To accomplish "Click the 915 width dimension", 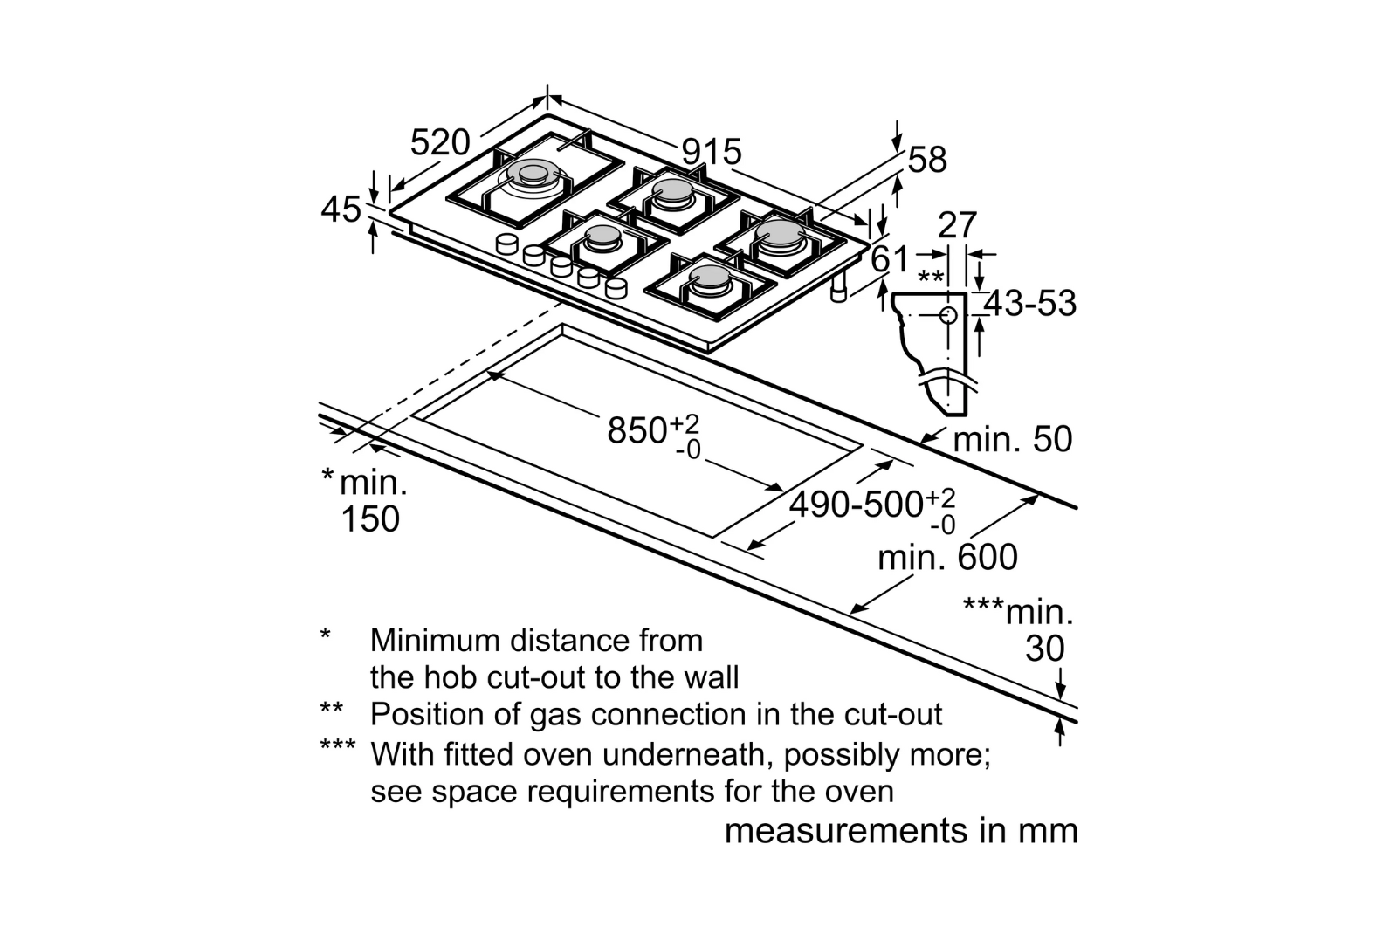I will [x=712, y=153].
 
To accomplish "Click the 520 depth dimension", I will [x=440, y=142].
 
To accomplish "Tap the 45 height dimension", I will [x=341, y=210].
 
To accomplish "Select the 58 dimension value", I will [x=927, y=161].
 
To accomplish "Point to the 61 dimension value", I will [x=891, y=259].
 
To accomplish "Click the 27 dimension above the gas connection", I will [x=957, y=226].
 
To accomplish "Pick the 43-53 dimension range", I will [x=1031, y=304].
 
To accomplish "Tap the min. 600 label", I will [x=947, y=558].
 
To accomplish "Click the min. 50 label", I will [x=1012, y=439].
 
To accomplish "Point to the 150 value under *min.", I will [x=370, y=519].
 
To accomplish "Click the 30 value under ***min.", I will [x=1044, y=649].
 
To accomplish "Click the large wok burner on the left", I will [x=529, y=176].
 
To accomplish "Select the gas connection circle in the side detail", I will [x=949, y=315].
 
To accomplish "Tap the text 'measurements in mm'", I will [x=901, y=830].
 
